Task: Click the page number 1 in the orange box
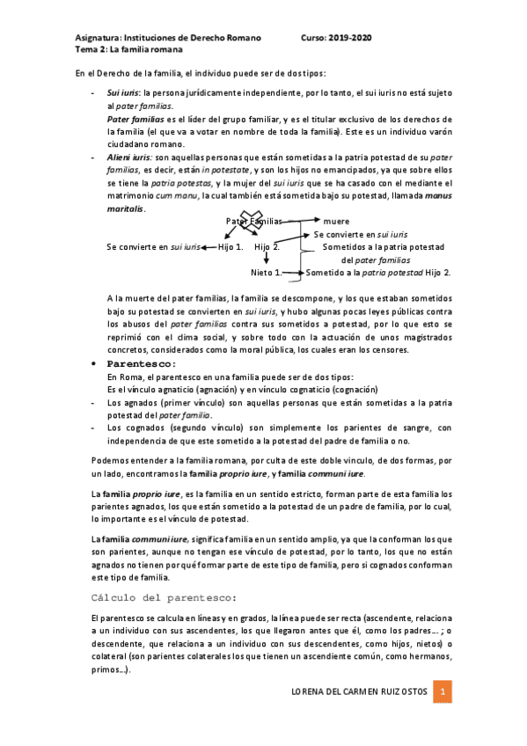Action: [x=444, y=692]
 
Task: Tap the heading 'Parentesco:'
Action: [x=142, y=363]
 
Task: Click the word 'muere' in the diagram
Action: [x=336, y=222]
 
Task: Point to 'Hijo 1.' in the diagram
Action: [x=231, y=247]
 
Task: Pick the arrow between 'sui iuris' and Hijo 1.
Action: [x=209, y=247]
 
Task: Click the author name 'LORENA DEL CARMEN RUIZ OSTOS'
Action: [x=359, y=692]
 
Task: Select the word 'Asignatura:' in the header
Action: [x=99, y=39]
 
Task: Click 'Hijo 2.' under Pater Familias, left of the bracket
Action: [x=267, y=247]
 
